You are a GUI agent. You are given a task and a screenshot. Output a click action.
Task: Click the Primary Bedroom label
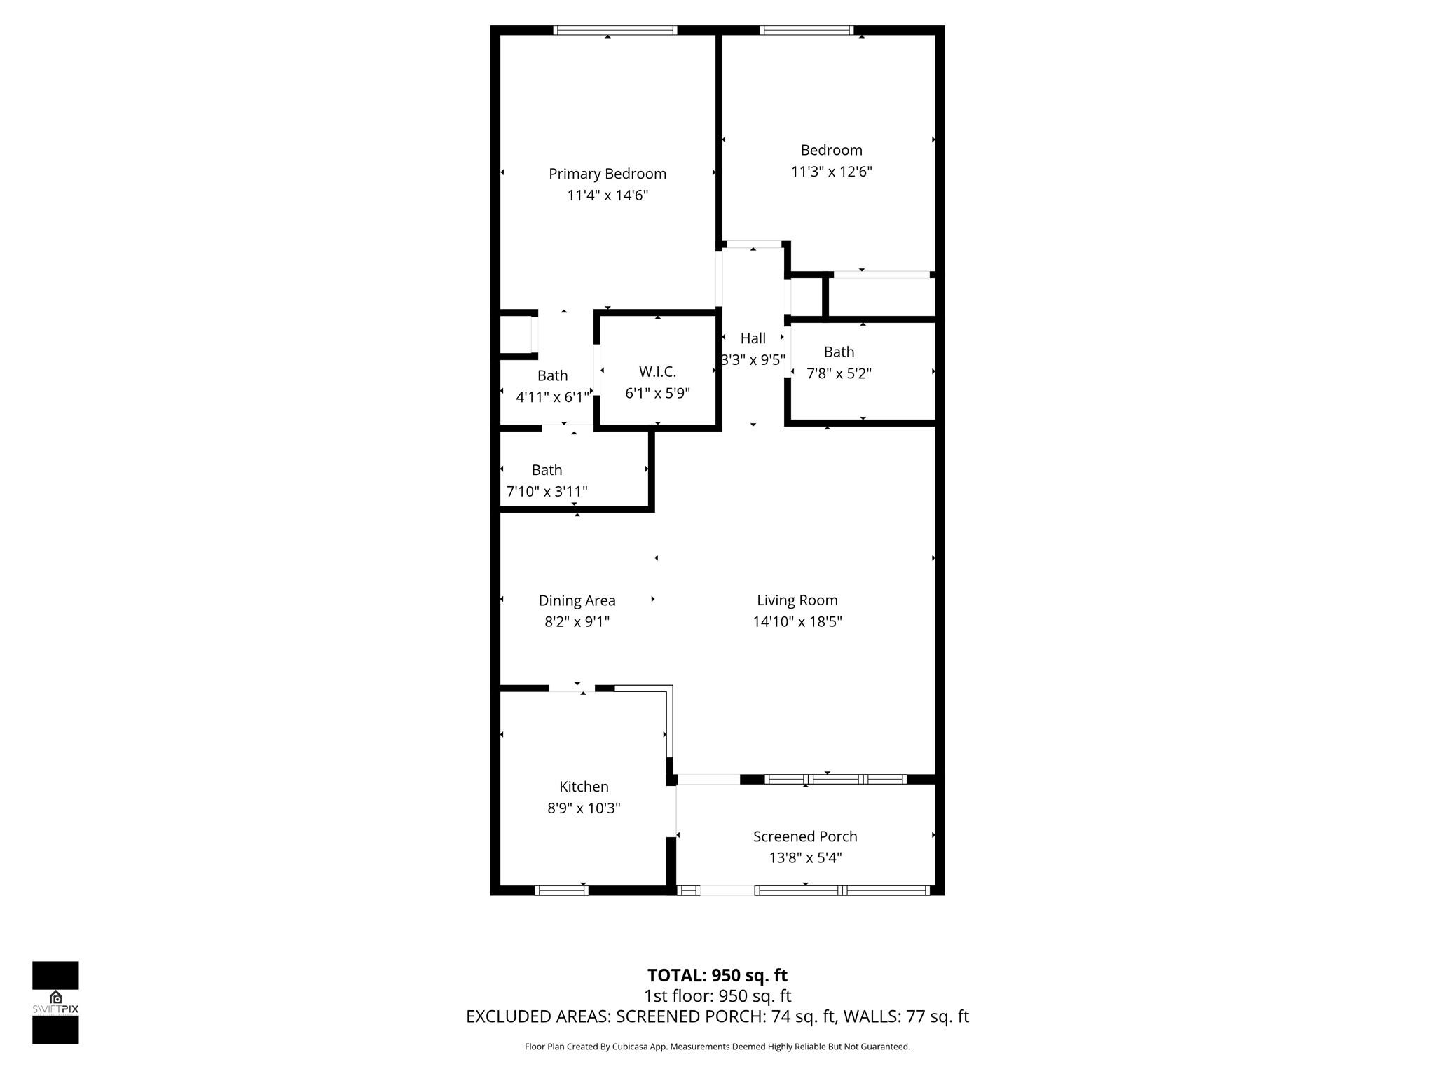click(x=607, y=174)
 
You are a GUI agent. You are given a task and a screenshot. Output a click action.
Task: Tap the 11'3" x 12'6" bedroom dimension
click(x=831, y=172)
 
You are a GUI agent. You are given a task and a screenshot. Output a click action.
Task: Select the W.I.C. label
click(x=657, y=372)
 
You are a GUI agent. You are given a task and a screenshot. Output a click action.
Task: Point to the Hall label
click(x=753, y=338)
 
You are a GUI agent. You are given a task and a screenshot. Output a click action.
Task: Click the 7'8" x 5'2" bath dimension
click(x=839, y=373)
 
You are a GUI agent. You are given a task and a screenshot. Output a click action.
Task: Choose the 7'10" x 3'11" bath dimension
click(x=547, y=492)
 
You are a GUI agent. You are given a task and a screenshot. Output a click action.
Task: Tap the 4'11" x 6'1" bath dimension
click(x=552, y=397)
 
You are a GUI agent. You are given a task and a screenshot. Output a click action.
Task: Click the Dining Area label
click(x=577, y=600)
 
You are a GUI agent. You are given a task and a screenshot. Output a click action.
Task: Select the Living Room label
click(x=797, y=600)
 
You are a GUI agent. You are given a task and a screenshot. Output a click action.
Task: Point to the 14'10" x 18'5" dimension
click(x=797, y=621)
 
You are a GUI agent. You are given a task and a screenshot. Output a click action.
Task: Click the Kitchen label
click(x=584, y=787)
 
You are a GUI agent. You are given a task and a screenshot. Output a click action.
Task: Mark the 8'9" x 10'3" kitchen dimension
click(x=584, y=808)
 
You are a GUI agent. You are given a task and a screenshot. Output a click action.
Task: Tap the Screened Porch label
click(x=805, y=836)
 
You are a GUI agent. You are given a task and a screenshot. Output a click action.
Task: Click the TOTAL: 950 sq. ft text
click(x=717, y=975)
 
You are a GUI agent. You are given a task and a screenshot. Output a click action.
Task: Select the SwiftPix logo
click(x=55, y=1002)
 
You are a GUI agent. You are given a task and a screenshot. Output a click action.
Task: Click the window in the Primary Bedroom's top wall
click(x=614, y=30)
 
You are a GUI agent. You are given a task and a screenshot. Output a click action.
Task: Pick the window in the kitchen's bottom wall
click(x=561, y=890)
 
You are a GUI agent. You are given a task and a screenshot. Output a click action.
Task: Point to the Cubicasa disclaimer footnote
click(x=717, y=1047)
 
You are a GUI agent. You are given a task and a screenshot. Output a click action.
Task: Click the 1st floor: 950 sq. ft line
click(x=717, y=995)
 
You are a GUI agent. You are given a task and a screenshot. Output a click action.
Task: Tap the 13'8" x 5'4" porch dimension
click(x=805, y=857)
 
